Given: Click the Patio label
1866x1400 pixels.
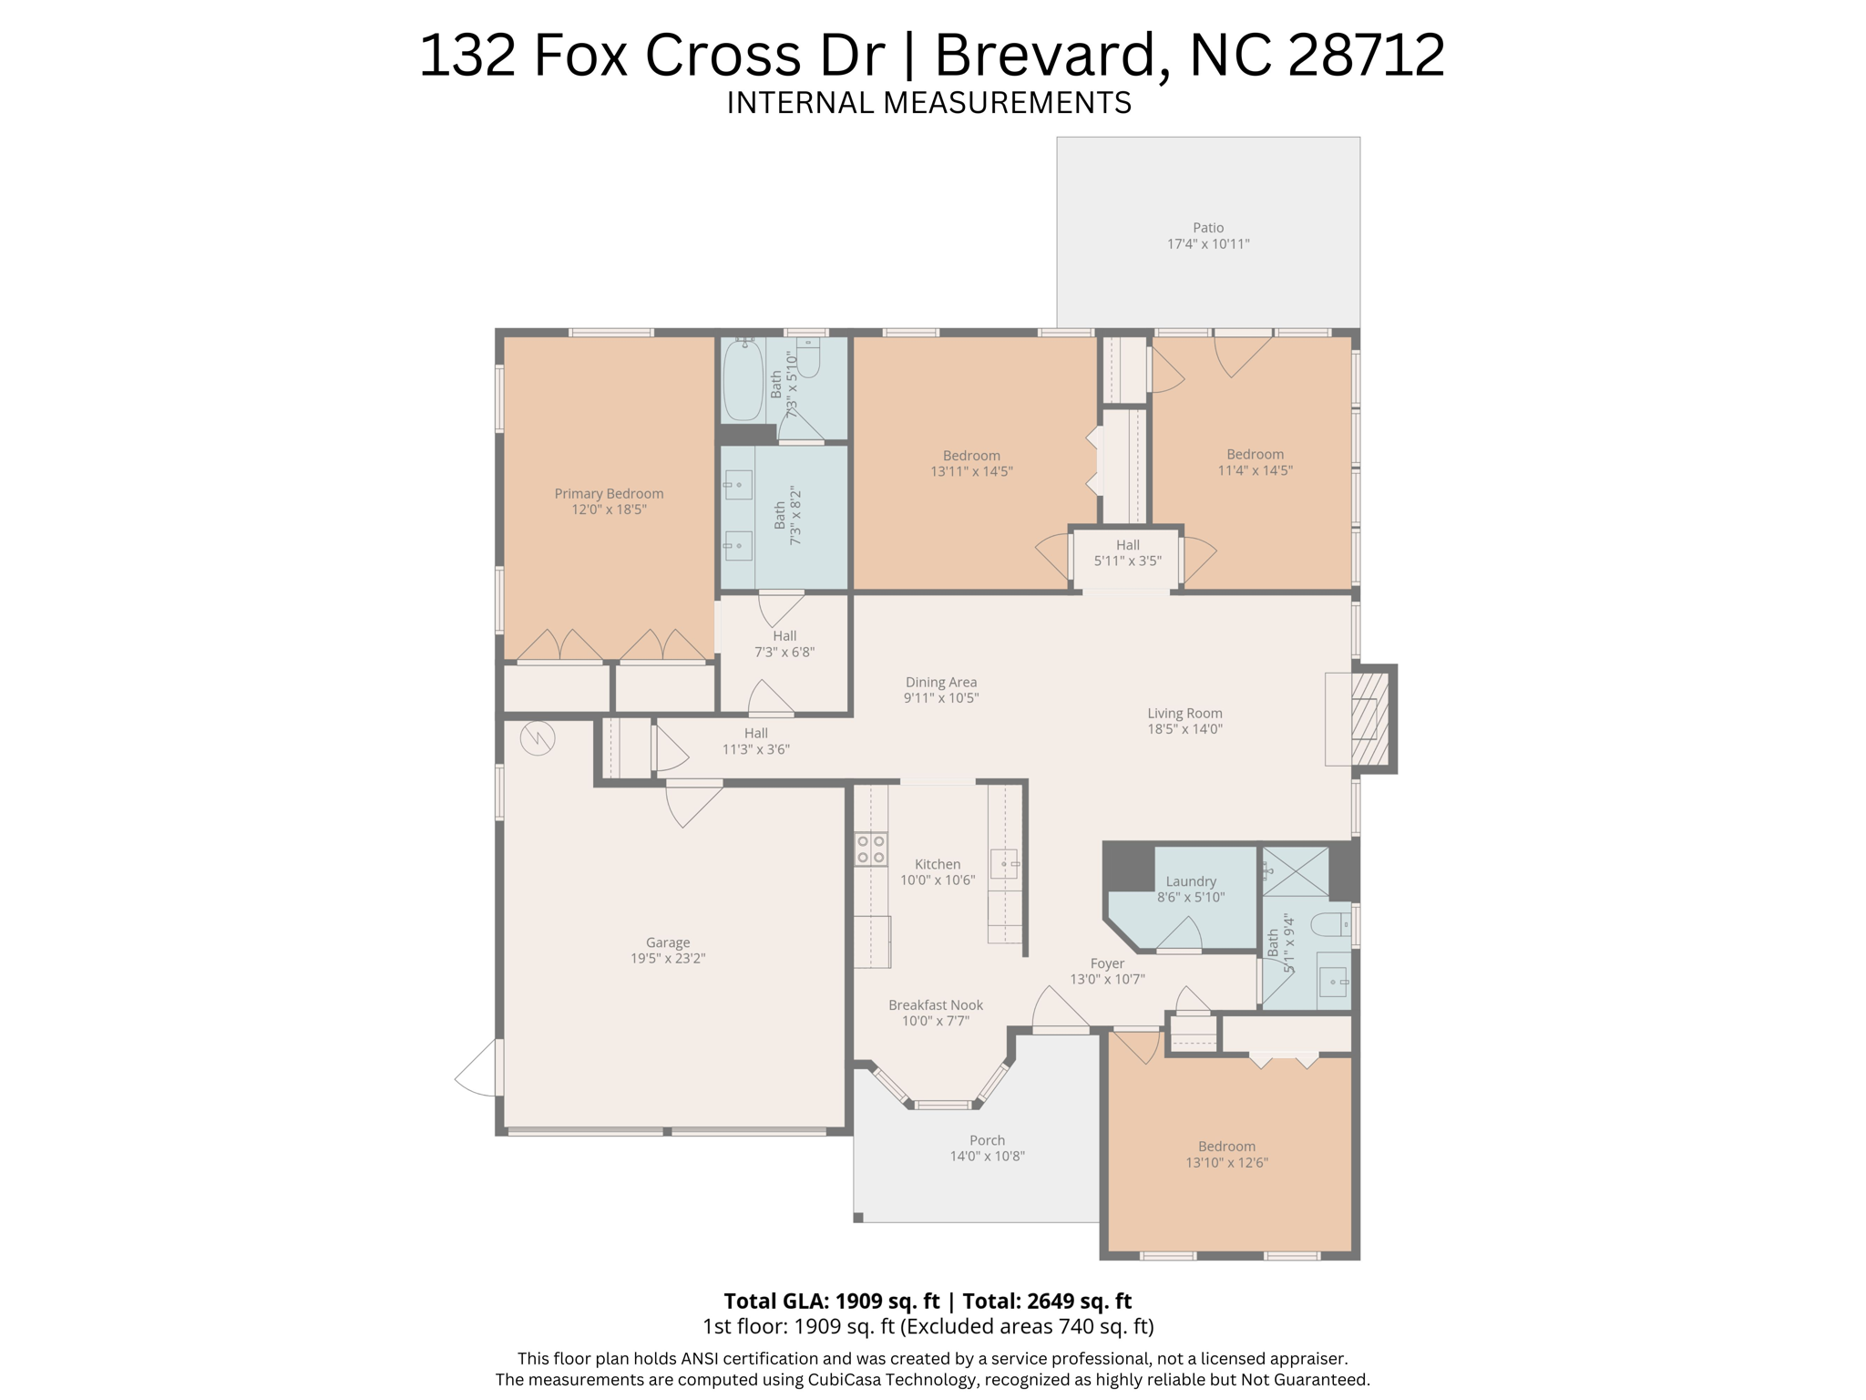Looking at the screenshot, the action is pyautogui.click(x=1208, y=228).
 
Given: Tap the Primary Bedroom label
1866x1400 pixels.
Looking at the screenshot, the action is pyautogui.click(x=609, y=494).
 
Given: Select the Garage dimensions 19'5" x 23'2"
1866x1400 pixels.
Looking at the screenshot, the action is pyautogui.click(x=668, y=959).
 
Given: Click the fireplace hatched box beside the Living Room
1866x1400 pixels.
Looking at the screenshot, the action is pyautogui.click(x=1369, y=718).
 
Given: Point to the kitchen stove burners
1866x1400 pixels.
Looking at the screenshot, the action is pyautogui.click(x=871, y=849).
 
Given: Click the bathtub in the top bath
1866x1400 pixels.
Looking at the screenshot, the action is pyautogui.click(x=743, y=381).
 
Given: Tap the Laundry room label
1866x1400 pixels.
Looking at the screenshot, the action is pyautogui.click(x=1191, y=881).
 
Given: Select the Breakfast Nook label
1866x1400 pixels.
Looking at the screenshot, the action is pyautogui.click(x=936, y=1005).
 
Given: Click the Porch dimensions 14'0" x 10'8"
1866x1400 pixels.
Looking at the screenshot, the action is pyautogui.click(x=988, y=1157).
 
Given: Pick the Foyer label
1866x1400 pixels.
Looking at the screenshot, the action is pyautogui.click(x=1107, y=963).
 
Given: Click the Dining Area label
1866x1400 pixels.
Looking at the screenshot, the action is pyautogui.click(x=941, y=682).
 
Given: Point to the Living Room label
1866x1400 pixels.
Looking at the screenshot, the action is pyautogui.click(x=1184, y=714).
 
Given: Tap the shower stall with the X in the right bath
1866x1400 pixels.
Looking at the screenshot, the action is pyautogui.click(x=1295, y=871).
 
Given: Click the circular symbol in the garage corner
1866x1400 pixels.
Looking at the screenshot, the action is pyautogui.click(x=538, y=738).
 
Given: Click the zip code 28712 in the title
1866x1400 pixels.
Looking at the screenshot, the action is pyautogui.click(x=1366, y=55).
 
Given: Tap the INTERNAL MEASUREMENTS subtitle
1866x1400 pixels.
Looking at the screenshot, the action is pyautogui.click(x=928, y=103).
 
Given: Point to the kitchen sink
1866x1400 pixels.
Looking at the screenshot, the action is pyautogui.click(x=1004, y=863).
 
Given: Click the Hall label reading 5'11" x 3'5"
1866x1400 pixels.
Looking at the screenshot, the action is pyautogui.click(x=1128, y=553).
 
